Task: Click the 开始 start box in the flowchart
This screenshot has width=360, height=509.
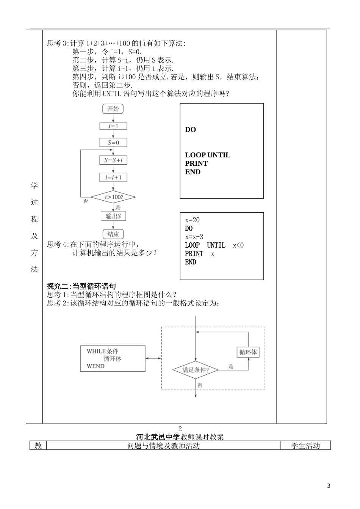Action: coord(113,109)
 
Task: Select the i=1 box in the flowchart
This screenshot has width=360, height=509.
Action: coord(113,126)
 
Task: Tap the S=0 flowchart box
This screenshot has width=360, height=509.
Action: coord(113,143)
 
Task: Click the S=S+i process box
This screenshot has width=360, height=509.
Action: coord(113,160)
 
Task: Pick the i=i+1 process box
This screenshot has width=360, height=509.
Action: coord(113,178)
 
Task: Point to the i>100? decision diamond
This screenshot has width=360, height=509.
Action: coord(113,197)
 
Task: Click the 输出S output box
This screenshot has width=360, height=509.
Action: coord(113,216)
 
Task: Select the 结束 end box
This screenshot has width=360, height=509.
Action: coord(113,234)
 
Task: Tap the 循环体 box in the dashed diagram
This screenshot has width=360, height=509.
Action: coord(248,352)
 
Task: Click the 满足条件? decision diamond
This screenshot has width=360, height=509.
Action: coord(196,370)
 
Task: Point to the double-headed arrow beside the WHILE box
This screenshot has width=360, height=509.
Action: coord(153,358)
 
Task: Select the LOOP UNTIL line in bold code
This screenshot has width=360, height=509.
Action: coord(207,155)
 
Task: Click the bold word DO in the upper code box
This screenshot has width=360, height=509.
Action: coord(190,130)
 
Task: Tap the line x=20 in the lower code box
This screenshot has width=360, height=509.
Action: coord(192,220)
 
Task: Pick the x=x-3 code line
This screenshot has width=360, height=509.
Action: coord(194,237)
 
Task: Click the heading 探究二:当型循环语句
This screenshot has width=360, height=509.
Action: coord(81,286)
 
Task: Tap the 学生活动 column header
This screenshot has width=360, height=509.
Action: coord(305,446)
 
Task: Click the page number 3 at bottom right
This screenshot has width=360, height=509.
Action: coord(329,486)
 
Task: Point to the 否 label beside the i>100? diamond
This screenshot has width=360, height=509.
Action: coord(86,201)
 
